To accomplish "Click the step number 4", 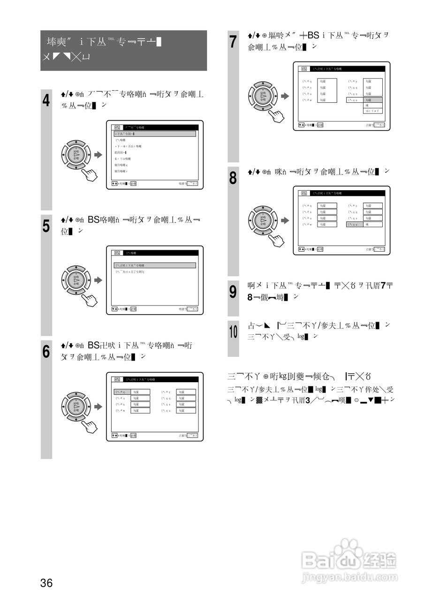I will coord(46,100).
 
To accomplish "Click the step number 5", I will coord(46,226).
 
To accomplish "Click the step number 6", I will coord(46,351).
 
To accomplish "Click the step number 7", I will coord(233,41).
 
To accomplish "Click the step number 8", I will coord(233,178).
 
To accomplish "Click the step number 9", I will coord(233,292).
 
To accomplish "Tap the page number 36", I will coord(46,583).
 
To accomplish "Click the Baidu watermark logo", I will coord(349,559).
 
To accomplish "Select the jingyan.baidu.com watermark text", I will coord(349,576).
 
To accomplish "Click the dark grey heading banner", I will coord(123,50).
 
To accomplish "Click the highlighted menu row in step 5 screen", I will coord(155,265).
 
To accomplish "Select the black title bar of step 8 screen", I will coord(341,193).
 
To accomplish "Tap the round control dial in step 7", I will coord(263,96).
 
